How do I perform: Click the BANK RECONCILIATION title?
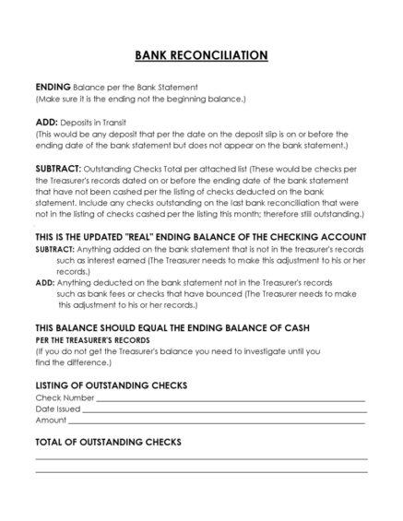(201, 55)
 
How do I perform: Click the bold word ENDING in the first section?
(52, 87)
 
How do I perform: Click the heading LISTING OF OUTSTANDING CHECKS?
(112, 384)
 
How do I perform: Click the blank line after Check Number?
(231, 398)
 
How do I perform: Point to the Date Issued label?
(58, 408)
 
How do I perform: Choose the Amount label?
(51, 419)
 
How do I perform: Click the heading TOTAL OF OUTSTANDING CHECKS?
(108, 442)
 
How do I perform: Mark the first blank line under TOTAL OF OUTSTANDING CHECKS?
(201, 458)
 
